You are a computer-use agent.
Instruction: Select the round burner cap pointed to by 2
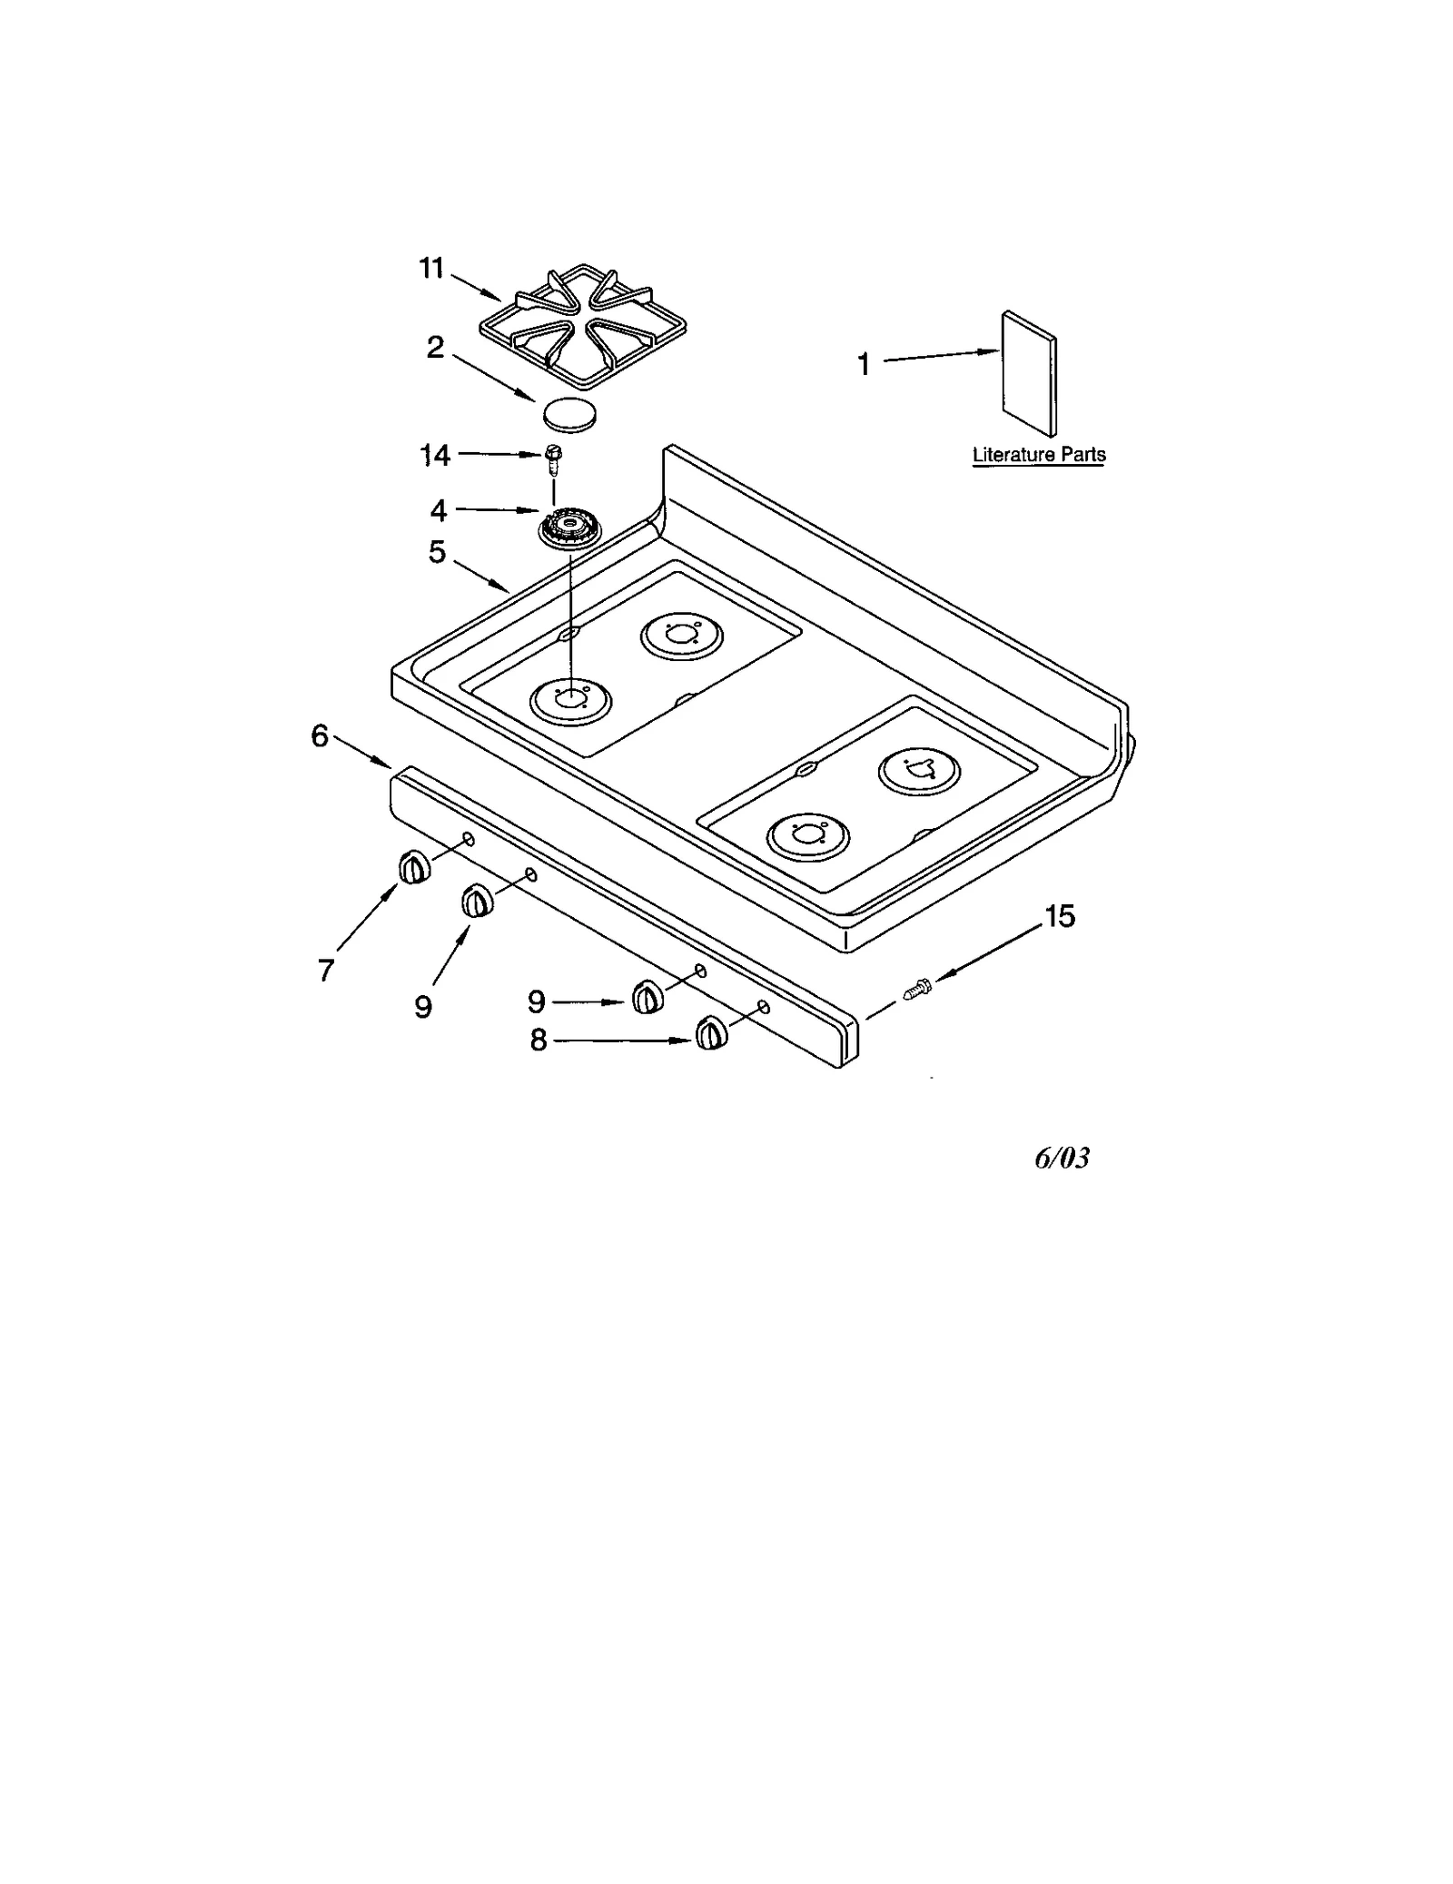point(570,414)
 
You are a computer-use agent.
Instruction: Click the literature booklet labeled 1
point(1029,374)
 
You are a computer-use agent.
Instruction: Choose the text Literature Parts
point(1039,455)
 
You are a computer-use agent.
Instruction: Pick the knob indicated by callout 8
point(711,1034)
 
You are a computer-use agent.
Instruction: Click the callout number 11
point(431,269)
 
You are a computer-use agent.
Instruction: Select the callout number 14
point(435,455)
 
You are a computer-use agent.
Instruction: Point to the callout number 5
point(438,551)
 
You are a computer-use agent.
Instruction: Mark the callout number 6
point(320,735)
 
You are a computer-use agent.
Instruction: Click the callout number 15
point(1059,916)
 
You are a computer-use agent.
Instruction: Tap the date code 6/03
point(1062,1159)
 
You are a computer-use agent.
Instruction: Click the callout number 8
point(539,1041)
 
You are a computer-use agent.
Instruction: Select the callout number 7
point(326,971)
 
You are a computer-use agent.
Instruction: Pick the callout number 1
point(864,365)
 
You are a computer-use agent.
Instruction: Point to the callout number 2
point(436,347)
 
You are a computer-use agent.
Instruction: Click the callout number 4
point(439,511)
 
